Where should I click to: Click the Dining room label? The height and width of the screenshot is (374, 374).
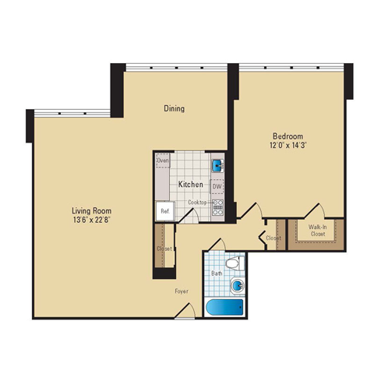(174, 108)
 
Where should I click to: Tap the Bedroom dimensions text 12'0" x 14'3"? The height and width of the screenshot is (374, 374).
(288, 145)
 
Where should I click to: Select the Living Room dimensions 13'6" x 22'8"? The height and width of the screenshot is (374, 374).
(92, 220)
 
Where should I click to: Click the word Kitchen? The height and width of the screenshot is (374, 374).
(190, 185)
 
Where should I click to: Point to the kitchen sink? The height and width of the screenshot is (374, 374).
(217, 165)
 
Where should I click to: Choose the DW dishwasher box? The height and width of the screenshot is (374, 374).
(217, 186)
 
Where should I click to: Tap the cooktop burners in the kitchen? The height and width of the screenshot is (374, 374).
(217, 207)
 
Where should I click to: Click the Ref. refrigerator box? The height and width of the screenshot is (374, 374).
(164, 211)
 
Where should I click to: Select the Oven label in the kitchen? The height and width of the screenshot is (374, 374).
(163, 161)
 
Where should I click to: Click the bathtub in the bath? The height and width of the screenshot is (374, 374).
(225, 307)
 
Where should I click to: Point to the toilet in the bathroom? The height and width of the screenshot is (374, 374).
(235, 263)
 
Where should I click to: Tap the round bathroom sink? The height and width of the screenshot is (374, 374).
(237, 286)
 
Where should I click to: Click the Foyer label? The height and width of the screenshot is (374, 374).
(182, 291)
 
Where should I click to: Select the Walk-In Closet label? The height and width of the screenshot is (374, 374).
(318, 231)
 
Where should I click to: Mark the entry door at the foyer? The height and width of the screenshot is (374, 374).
(185, 311)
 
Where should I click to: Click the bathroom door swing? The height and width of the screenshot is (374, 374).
(217, 245)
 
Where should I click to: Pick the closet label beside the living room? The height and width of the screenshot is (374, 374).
(164, 249)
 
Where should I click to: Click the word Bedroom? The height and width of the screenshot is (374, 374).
(288, 136)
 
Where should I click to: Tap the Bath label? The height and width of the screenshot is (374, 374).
(217, 273)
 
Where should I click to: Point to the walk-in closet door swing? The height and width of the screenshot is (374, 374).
(315, 210)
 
